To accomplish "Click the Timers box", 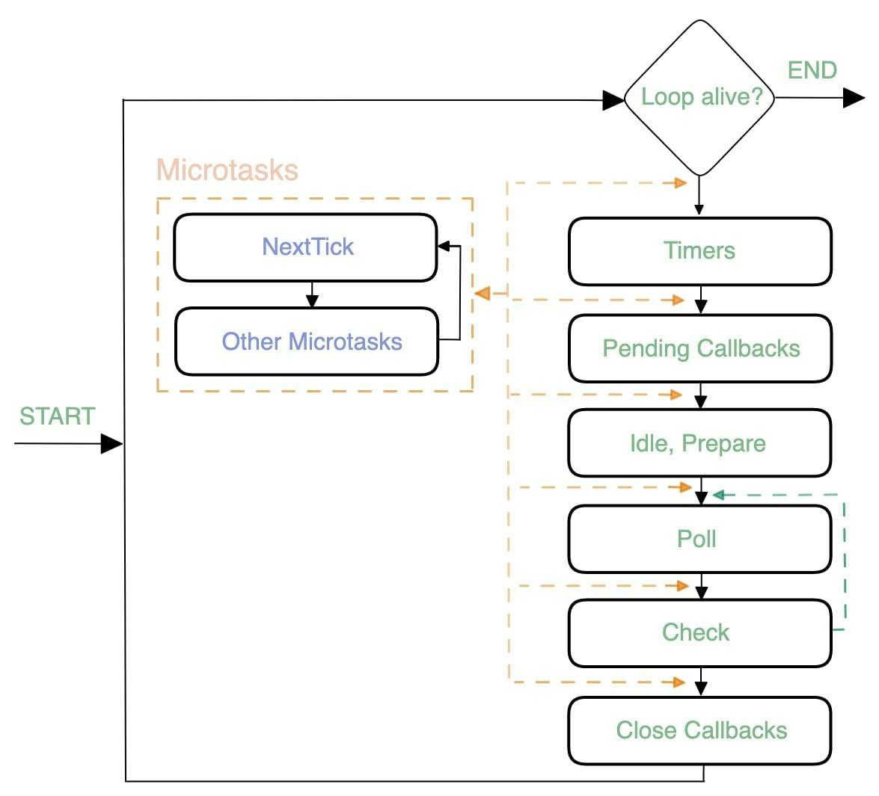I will (699, 251).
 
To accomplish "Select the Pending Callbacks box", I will (699, 348).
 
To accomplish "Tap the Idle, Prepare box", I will (699, 443).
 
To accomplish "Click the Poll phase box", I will (699, 539).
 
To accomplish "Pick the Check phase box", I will (699, 633).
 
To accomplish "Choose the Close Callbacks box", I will (699, 730).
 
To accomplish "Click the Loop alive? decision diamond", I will (699, 97).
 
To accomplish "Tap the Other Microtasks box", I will (307, 342).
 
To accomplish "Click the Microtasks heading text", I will (227, 170).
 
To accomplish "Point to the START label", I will (57, 416).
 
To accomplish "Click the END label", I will (812, 70).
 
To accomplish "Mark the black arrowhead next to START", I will (111, 444).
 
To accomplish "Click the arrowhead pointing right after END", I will (854, 97).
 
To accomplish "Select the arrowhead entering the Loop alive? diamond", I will (613, 99).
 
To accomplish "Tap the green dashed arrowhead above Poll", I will (718, 495).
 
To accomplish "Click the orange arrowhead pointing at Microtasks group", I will (483, 294).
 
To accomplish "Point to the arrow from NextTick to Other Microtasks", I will (313, 294).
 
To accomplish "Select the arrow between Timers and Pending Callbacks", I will (700, 300).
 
